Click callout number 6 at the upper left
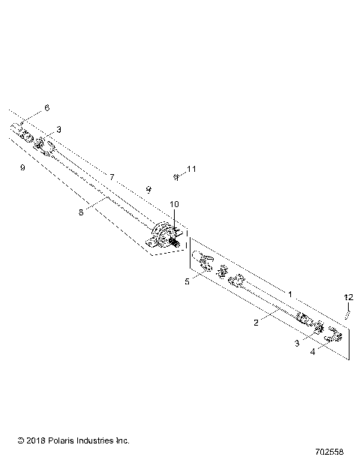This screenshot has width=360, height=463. [46, 108]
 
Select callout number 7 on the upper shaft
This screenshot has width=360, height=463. [111, 176]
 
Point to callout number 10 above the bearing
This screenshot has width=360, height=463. [174, 204]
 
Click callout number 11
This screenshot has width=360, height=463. [191, 170]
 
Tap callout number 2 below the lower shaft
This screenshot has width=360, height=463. [256, 323]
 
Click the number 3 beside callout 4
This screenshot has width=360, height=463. [296, 343]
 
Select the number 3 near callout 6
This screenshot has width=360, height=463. [58, 129]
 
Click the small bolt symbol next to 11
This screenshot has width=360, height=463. [175, 177]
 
